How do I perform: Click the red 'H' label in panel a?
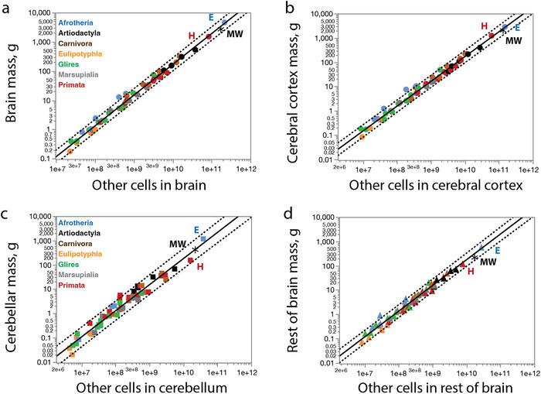click(x=192, y=36)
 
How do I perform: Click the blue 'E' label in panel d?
click(x=497, y=251)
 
